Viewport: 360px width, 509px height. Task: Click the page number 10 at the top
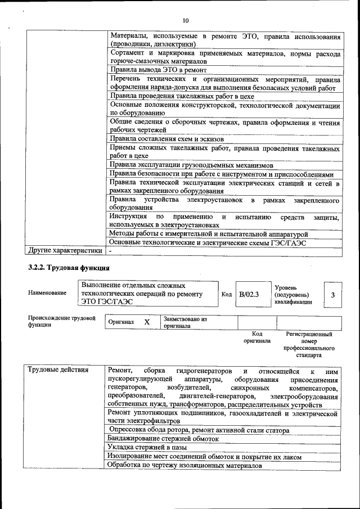click(x=184, y=7)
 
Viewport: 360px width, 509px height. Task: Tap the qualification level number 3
click(x=333, y=295)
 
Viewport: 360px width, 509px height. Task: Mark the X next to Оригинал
click(x=147, y=322)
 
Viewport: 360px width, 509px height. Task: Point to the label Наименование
click(x=47, y=292)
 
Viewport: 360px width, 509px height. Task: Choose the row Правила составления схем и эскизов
click(x=167, y=138)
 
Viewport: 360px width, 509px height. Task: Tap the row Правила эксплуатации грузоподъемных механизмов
click(x=191, y=165)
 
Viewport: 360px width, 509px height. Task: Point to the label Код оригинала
click(x=257, y=337)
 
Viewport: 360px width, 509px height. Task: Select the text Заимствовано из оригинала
click(x=185, y=322)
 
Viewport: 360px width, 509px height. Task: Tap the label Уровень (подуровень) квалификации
click(x=291, y=295)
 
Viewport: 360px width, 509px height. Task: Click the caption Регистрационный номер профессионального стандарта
click(x=309, y=345)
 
